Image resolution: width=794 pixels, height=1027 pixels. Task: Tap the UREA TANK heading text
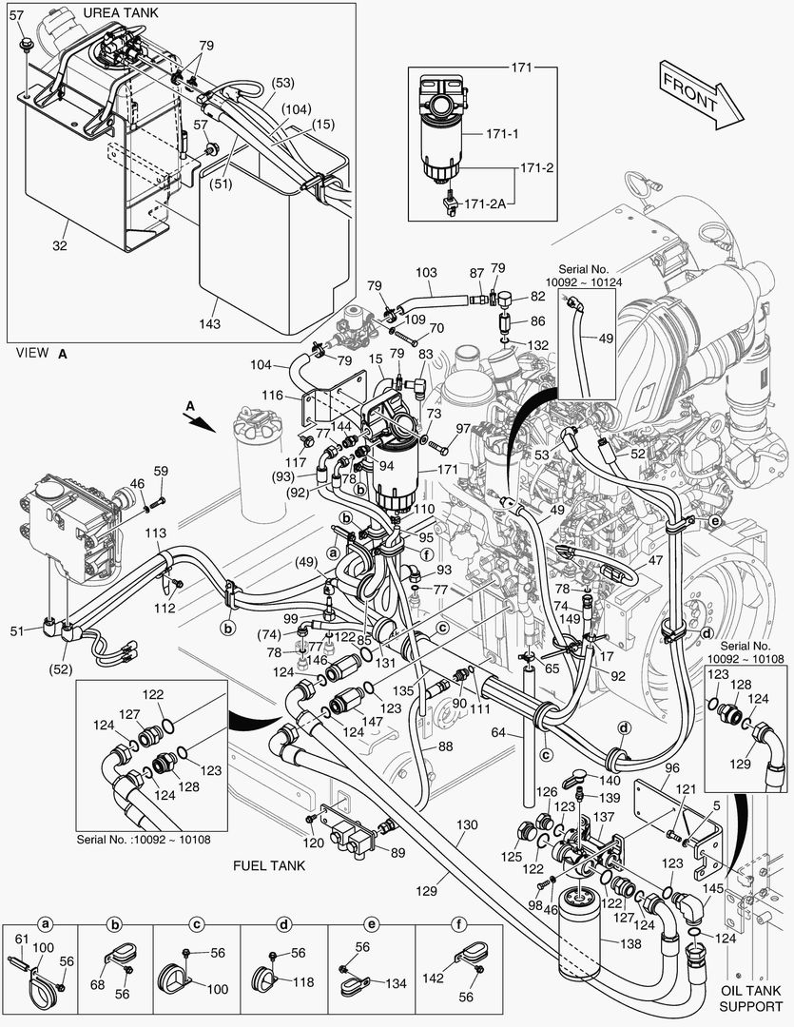click(x=121, y=12)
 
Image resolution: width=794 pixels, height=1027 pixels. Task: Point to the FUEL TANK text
click(x=269, y=866)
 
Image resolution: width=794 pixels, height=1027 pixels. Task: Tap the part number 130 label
click(x=466, y=824)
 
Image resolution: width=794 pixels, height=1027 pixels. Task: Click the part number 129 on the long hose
click(x=426, y=891)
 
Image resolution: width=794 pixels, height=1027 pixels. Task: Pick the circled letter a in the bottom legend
click(x=44, y=923)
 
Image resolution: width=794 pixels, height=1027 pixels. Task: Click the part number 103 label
click(x=426, y=273)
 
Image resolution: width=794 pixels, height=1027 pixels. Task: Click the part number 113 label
click(x=154, y=533)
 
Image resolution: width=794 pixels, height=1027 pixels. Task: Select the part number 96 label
click(x=671, y=768)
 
